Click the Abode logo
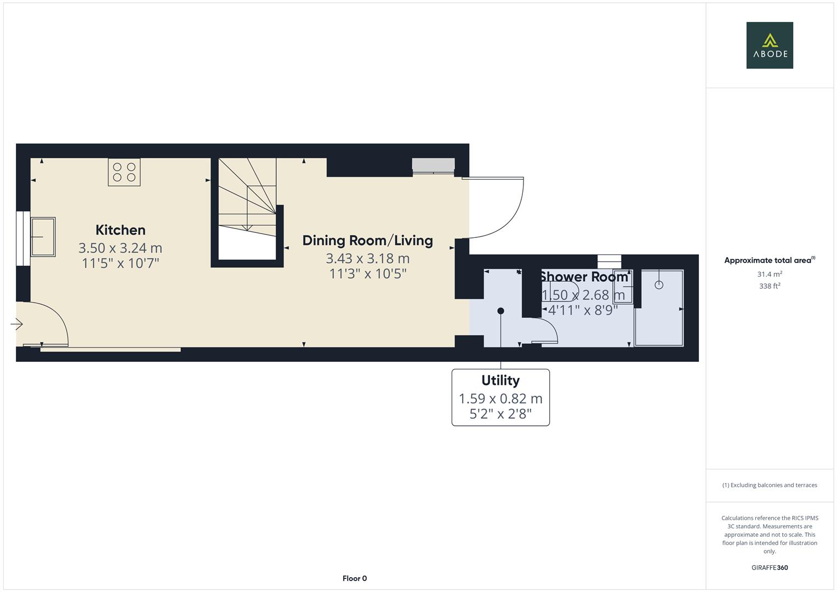pyautogui.click(x=770, y=45)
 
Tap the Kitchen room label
pyautogui.click(x=121, y=230)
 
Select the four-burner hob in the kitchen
pyautogui.click(x=124, y=172)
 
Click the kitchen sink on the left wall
pyautogui.click(x=43, y=237)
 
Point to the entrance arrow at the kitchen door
pyautogui.click(x=16, y=325)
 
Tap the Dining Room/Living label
pyautogui.click(x=367, y=240)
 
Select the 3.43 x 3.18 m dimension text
pyautogui.click(x=367, y=258)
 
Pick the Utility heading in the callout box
pyautogui.click(x=500, y=380)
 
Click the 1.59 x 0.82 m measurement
pyautogui.click(x=500, y=399)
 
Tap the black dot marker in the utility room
pyautogui.click(x=500, y=311)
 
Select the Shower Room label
pyautogui.click(x=584, y=277)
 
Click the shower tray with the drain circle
pyautogui.click(x=659, y=308)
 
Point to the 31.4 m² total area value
pyautogui.click(x=770, y=274)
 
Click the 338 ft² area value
pyautogui.click(x=770, y=286)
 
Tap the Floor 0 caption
pyautogui.click(x=355, y=578)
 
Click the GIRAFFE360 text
pyautogui.click(x=770, y=567)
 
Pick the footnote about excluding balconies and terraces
pyautogui.click(x=770, y=485)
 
